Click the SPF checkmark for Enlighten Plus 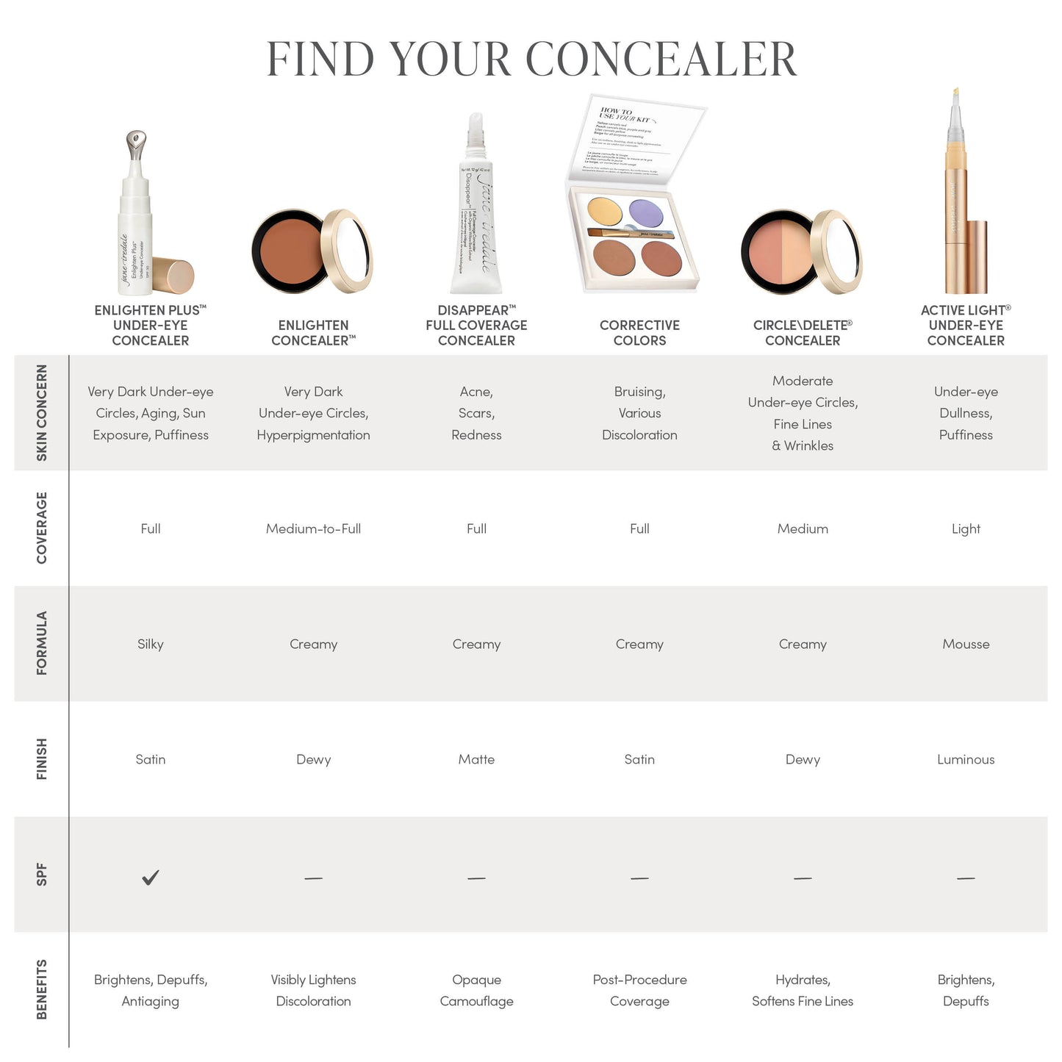(151, 877)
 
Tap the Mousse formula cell (966, 644)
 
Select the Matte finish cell (476, 759)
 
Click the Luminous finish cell (966, 759)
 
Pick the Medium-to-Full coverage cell (313, 528)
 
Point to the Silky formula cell (151, 644)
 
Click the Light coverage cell (966, 528)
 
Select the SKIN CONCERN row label (42, 413)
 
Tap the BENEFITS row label (42, 989)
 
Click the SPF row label (42, 875)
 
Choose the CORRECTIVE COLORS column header (639, 333)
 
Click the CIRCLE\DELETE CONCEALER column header (803, 333)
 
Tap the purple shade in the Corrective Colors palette (646, 214)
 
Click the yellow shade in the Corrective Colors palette (605, 211)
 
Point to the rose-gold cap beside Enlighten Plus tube (174, 276)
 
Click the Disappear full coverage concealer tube (476, 213)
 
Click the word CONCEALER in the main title (661, 59)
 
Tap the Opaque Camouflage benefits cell (476, 990)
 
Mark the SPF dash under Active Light (966, 878)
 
